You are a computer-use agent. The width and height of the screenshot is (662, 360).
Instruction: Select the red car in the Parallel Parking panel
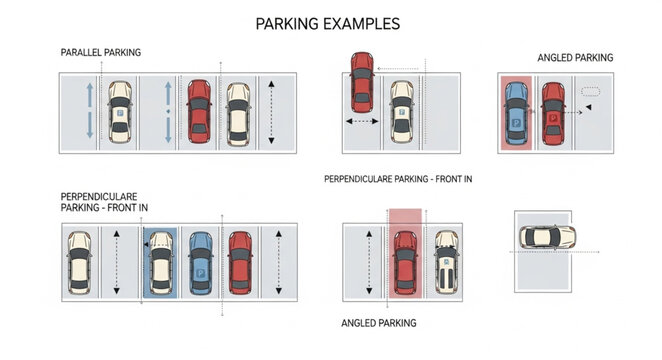199,111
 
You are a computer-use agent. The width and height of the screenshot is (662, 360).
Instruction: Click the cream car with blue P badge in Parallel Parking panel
119,111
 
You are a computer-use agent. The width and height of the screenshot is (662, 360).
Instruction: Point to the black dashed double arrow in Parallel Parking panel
273,110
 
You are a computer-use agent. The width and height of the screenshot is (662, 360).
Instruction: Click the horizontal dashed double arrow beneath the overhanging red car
360,122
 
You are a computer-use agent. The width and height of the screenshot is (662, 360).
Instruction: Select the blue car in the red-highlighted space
516,114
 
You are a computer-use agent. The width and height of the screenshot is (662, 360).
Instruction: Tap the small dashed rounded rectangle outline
590,91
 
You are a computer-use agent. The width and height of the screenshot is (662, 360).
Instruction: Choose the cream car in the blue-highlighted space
159,263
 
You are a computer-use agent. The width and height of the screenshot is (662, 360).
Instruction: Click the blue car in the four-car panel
200,263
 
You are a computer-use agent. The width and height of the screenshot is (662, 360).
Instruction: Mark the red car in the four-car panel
240,262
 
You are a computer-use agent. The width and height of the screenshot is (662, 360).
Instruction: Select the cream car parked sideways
546,238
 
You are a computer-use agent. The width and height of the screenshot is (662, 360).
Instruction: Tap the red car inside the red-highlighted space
405,262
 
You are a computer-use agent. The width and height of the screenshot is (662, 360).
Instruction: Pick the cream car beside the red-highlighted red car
446,262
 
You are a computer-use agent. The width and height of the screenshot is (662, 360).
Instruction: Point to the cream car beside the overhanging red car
401,111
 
